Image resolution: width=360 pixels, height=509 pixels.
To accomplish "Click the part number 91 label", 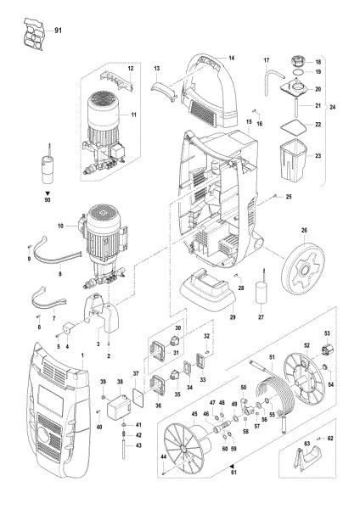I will point(58,31).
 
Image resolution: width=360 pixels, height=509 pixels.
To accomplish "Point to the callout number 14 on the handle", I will point(230,58).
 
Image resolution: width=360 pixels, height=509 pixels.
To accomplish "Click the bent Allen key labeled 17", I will point(272,80).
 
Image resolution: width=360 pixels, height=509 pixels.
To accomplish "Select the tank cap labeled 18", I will point(295,62).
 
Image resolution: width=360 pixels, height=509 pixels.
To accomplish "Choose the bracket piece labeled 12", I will point(118,81).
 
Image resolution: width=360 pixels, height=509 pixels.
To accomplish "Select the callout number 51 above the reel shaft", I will point(272,359).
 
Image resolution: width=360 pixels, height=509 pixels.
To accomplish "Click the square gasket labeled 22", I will point(293,126).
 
